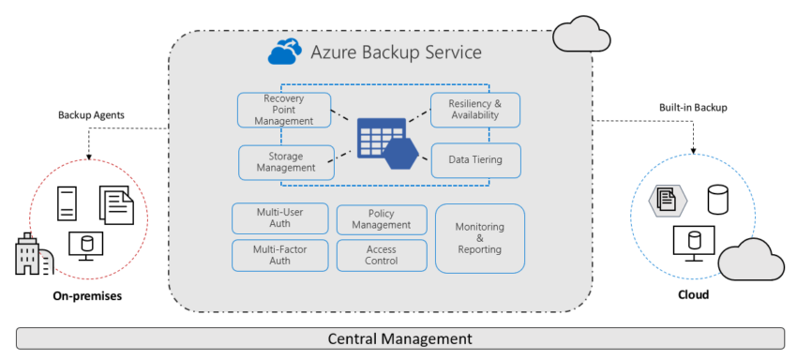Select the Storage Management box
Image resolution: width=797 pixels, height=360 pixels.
(x=286, y=161)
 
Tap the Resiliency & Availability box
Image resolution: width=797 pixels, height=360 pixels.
(x=474, y=110)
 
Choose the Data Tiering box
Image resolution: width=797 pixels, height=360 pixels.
(x=474, y=160)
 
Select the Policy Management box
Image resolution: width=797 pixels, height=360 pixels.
(x=382, y=219)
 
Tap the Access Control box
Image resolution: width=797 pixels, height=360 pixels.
(x=382, y=255)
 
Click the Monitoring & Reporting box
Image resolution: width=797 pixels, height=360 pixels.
(x=479, y=238)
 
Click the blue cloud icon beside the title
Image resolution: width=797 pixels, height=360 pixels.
(x=285, y=52)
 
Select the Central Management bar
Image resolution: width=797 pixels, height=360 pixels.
(x=398, y=338)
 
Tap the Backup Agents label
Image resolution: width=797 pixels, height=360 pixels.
(x=91, y=114)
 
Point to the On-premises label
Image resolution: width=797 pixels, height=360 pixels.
(x=86, y=296)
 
